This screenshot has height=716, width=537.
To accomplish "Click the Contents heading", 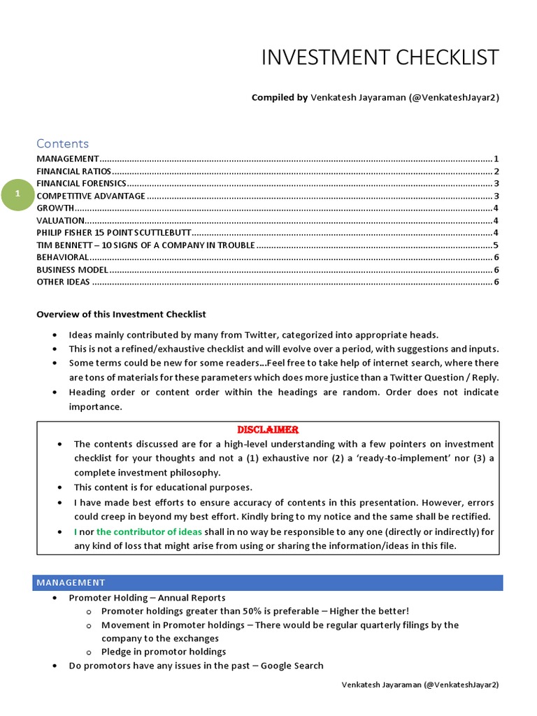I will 62,143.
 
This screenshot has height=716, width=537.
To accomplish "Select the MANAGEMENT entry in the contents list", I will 68,159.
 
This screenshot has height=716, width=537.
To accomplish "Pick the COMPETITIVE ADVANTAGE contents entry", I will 91,196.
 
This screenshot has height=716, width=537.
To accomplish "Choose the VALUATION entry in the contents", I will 60,220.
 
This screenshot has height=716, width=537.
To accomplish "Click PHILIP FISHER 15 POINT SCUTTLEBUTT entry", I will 113,233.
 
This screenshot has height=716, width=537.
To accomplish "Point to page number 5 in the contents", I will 495,245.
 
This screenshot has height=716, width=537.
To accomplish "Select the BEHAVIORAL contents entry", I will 62,257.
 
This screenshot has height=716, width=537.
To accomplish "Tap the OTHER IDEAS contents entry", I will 63,282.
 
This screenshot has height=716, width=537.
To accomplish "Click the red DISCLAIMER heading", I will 268,429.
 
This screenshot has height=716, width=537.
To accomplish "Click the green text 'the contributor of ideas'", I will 149,531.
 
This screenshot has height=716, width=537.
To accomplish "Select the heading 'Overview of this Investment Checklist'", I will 121,314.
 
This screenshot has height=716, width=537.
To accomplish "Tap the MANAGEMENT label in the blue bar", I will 71,582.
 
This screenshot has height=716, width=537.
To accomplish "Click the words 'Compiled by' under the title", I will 280,98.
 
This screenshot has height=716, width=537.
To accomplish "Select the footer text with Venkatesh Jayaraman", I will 420,685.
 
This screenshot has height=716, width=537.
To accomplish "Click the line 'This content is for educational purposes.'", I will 163,487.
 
